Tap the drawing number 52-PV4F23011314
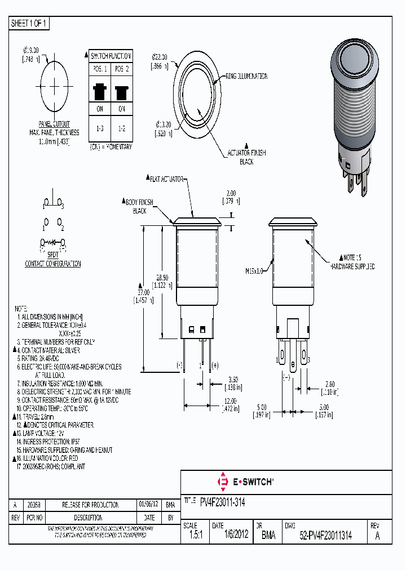pyautogui.click(x=325, y=536)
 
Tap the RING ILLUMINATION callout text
pyautogui.click(x=246, y=76)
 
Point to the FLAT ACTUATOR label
pyautogui.click(x=166, y=179)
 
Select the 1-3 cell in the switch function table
pyautogui.click(x=100, y=128)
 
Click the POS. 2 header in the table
pyautogui.click(x=121, y=69)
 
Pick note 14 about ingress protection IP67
pyautogui.click(x=54, y=442)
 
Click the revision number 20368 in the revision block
pyautogui.click(x=34, y=505)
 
